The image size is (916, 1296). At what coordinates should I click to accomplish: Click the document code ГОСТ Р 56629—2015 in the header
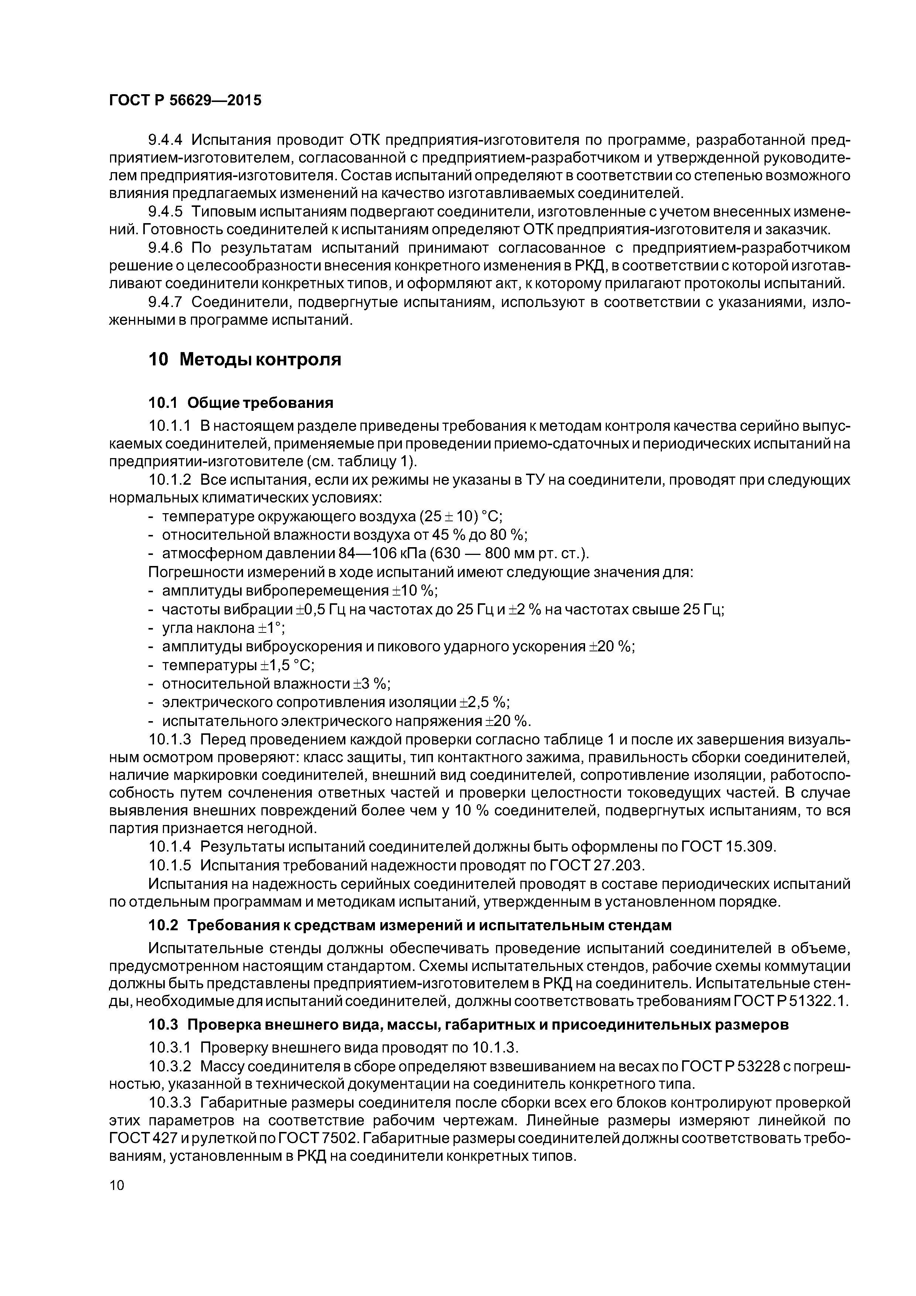point(185,100)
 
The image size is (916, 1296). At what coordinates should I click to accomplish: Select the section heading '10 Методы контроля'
point(245,359)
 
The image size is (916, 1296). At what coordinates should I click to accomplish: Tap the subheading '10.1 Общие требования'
point(240,403)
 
